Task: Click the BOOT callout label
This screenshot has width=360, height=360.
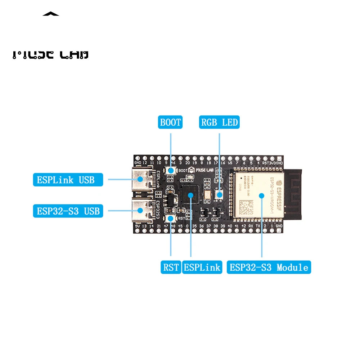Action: pos(170,122)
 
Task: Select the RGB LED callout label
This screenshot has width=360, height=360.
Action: pos(219,122)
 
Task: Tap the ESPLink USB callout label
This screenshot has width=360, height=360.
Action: pos(68,179)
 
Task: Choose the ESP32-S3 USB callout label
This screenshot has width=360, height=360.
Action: pos(68,211)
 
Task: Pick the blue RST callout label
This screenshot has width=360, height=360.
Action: pos(171,267)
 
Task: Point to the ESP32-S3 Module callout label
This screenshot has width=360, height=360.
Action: pos(269,267)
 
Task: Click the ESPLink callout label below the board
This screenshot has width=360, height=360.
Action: pos(202,267)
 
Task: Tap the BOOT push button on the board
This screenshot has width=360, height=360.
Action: pos(171,170)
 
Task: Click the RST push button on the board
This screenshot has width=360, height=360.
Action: pos(170,218)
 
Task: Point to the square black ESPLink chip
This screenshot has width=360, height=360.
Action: pos(190,194)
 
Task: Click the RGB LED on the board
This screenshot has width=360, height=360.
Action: pos(219,194)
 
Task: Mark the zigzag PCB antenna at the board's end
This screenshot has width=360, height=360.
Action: pos(294,194)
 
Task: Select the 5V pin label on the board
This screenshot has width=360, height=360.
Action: pos(138,226)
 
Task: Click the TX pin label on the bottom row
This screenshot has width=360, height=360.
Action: pos(258,226)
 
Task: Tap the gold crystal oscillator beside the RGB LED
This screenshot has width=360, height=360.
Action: pos(207,195)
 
